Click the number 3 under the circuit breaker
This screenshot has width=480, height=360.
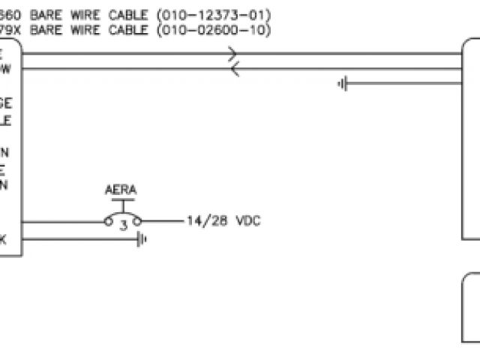123,225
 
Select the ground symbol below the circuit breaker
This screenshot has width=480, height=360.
141,240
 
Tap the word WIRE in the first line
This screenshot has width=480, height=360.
90,15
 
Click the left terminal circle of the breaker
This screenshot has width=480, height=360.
107,222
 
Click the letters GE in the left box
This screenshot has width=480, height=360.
6,104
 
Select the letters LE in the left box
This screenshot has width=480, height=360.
6,120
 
